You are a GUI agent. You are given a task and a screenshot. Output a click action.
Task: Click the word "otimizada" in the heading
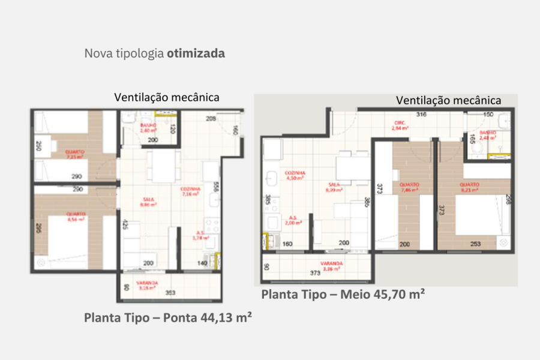click(x=196, y=53)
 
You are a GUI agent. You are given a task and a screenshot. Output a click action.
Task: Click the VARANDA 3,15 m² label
click(x=148, y=285)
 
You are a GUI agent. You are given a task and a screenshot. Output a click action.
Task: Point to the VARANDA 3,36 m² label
click(x=331, y=266)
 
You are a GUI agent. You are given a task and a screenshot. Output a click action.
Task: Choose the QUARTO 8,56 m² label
click(x=75, y=217)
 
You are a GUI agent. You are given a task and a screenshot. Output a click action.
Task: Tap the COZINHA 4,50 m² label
click(x=294, y=175)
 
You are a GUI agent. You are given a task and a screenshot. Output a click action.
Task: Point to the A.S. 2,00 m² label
click(x=293, y=220)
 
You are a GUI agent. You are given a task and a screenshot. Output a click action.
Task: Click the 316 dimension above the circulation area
click(x=421, y=114)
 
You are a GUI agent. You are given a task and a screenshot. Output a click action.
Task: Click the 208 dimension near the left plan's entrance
click(x=209, y=119)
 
